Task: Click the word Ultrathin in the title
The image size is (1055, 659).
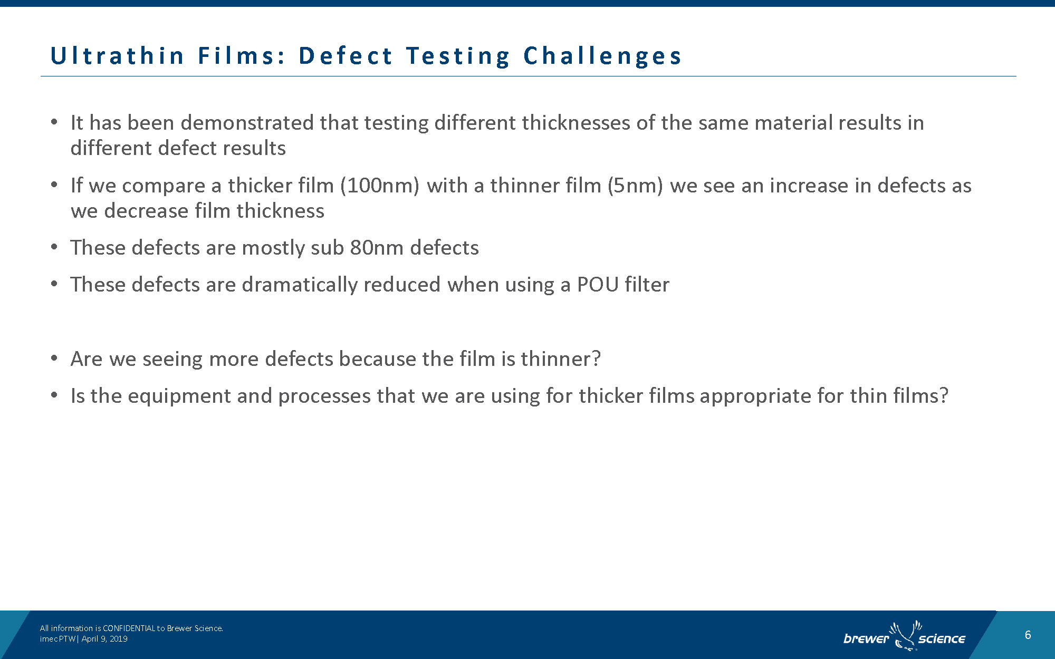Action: [x=117, y=56]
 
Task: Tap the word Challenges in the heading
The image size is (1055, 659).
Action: [x=602, y=56]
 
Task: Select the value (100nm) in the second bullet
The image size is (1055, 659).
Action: [x=380, y=186]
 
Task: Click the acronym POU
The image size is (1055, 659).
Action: [x=598, y=285]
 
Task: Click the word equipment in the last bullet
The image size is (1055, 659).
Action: [x=179, y=396]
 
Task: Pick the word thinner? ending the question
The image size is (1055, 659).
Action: [x=561, y=359]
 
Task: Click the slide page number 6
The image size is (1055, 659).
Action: [x=1028, y=635]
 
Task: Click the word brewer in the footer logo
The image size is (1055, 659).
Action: [x=866, y=639]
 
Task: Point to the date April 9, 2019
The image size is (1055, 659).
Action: [x=104, y=639]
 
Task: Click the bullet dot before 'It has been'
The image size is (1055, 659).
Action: [x=54, y=123]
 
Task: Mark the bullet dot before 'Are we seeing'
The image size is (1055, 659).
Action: [x=54, y=359]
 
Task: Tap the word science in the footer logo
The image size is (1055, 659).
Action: [x=942, y=639]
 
